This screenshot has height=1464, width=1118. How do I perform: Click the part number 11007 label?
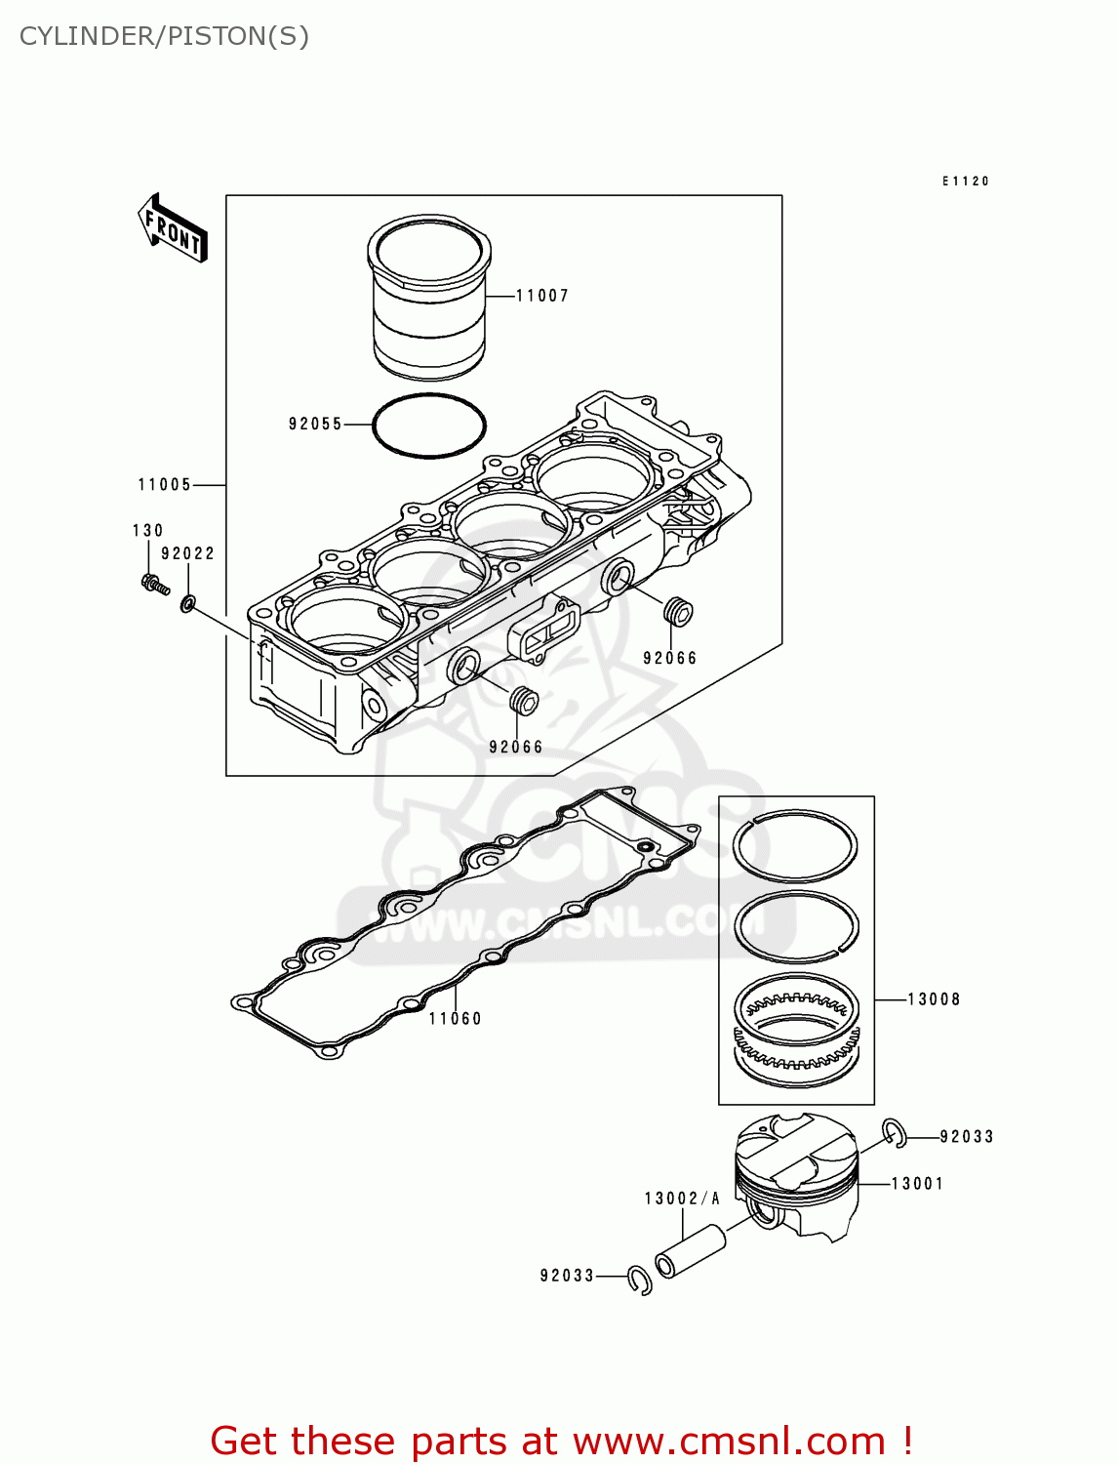point(541,296)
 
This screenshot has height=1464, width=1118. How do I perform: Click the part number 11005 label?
point(165,485)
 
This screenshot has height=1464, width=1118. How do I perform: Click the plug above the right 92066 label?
point(677,613)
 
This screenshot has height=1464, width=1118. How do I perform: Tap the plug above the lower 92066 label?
point(524,700)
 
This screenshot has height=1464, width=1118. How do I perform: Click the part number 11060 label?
point(456,1019)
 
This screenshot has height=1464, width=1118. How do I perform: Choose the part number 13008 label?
point(934,999)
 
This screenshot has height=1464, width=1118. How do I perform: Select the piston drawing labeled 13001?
point(796,1176)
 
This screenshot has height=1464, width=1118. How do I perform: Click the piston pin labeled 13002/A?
point(691,1252)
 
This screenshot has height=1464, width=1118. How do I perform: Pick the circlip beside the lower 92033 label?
point(640,1280)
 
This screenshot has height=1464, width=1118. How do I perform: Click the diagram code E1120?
point(966,182)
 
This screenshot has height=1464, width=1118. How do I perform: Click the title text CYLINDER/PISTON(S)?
point(164,36)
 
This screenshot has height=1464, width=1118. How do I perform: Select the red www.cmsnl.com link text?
point(729,1442)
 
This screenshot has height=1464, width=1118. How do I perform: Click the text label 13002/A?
point(682,1199)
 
